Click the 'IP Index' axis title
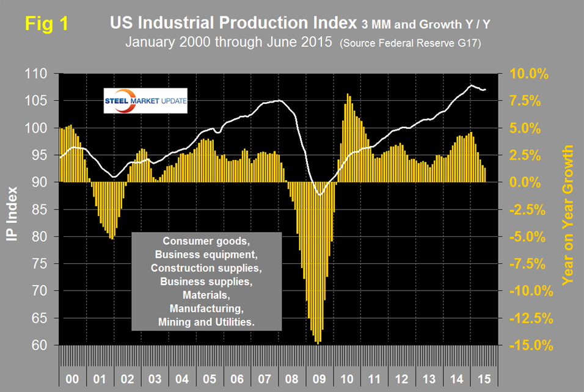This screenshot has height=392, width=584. [x=13, y=209]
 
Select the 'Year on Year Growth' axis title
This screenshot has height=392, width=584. [x=568, y=215]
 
